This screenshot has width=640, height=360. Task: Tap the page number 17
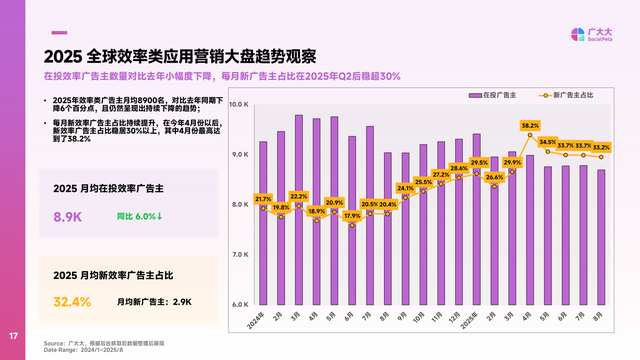click(14, 335)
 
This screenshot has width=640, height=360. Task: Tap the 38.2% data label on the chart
click(530, 126)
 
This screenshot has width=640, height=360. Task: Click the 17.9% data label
click(352, 216)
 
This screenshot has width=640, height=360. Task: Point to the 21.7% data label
click(263, 199)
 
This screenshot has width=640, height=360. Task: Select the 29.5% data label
click(479, 162)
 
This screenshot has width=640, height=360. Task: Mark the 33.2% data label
click(601, 147)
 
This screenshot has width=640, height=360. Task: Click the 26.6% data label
click(494, 177)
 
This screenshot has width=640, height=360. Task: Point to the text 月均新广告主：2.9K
click(154, 301)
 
